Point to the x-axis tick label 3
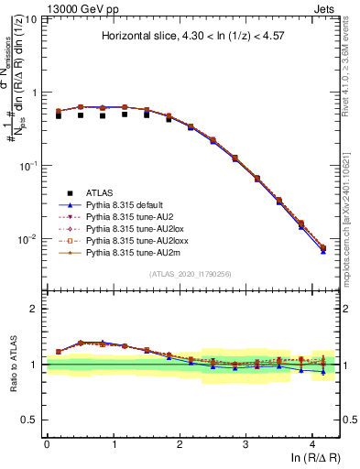[x=246, y=442]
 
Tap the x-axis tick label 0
[x=47, y=442]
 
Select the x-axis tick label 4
[x=312, y=442]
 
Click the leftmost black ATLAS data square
[x=58, y=115]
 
